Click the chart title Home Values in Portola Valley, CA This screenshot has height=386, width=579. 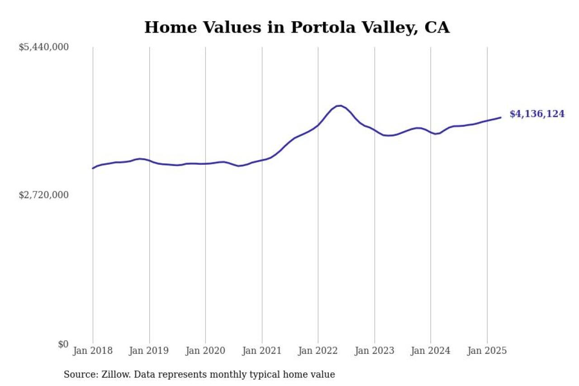(297, 28)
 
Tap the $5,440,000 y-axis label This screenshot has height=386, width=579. (43, 47)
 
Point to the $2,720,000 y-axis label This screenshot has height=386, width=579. (43, 195)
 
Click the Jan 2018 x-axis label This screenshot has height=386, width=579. (93, 351)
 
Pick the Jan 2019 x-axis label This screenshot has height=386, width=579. (149, 351)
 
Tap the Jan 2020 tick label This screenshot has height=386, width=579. (205, 351)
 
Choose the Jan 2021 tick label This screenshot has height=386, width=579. (262, 351)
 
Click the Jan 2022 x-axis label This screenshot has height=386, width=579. (318, 351)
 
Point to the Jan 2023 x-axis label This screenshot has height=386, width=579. (375, 351)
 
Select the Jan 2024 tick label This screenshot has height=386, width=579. (431, 351)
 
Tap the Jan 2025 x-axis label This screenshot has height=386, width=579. (487, 351)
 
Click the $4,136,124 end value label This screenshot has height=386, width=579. (537, 114)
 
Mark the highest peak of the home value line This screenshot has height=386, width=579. (339, 106)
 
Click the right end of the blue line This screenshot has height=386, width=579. (501, 118)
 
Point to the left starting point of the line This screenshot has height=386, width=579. (93, 168)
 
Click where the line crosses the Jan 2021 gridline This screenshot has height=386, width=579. (262, 160)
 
